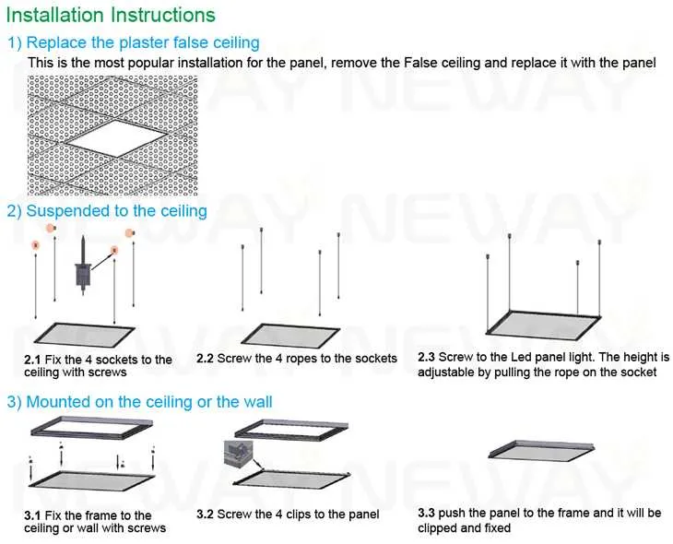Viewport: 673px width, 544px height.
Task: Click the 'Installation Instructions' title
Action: coord(112,16)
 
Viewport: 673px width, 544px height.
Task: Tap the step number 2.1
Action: coord(32,360)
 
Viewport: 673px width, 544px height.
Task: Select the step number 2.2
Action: coord(206,358)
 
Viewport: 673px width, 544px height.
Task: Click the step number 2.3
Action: coord(426,357)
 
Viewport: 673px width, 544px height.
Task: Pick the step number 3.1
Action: coord(32,515)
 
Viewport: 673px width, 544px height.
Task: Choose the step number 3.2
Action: coord(206,514)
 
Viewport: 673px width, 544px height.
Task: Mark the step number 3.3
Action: coord(426,513)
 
